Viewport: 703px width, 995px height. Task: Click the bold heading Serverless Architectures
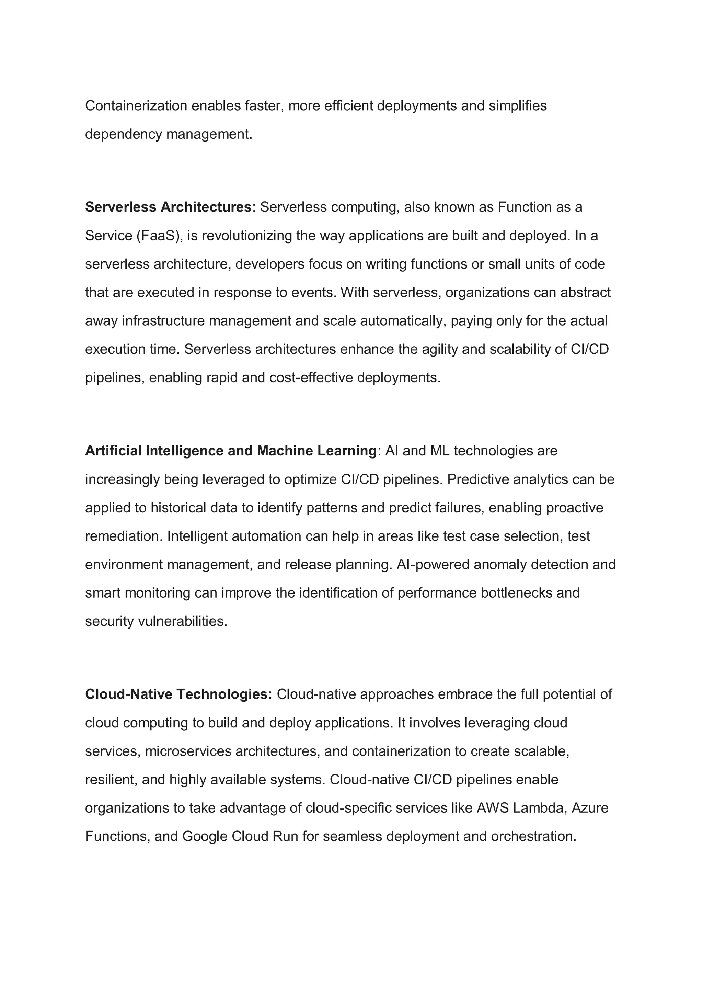tap(168, 207)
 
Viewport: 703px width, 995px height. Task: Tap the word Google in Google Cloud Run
tap(205, 836)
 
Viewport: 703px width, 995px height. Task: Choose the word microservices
tap(188, 751)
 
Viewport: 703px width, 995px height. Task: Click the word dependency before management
tap(124, 134)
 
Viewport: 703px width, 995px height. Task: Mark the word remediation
tap(124, 536)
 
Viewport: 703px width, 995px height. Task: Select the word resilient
tap(111, 780)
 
